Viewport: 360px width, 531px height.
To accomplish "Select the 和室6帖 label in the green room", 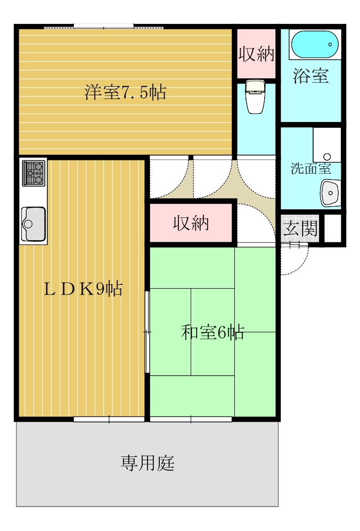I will click(x=212, y=332).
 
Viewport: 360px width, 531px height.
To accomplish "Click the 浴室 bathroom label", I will click(x=310, y=76).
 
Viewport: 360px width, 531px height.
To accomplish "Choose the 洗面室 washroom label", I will click(x=310, y=169).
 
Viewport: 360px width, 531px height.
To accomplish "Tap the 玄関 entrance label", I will click(x=300, y=229).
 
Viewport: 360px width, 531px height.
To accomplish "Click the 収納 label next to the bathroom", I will click(x=256, y=54).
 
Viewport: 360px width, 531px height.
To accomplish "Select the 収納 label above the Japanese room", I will click(x=191, y=224).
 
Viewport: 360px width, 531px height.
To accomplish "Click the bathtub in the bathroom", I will click(x=315, y=44).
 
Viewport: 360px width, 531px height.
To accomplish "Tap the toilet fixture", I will click(x=256, y=97).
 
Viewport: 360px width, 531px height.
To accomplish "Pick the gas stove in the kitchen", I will click(x=34, y=172).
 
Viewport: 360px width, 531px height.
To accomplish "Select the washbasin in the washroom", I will click(x=330, y=192).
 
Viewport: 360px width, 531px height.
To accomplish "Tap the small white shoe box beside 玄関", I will click(x=332, y=228).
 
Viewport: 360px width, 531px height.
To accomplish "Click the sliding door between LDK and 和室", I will click(x=147, y=332).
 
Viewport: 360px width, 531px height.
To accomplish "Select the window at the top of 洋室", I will click(x=103, y=26).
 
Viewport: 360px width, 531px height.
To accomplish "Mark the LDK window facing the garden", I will click(x=109, y=420).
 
